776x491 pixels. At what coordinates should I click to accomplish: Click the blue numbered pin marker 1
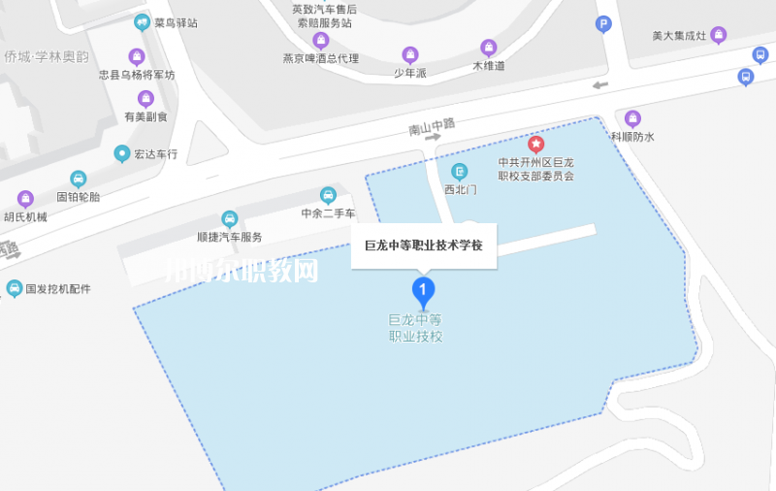point(423,288)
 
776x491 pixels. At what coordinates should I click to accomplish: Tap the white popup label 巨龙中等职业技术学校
point(423,246)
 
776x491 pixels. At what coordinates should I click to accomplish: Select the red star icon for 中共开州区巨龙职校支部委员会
point(535,145)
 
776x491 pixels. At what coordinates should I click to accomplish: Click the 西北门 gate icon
point(461,172)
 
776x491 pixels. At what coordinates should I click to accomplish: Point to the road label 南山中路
point(431,125)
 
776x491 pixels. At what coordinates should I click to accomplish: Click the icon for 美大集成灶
point(719,36)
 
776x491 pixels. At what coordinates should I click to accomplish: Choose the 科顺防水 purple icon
point(632,118)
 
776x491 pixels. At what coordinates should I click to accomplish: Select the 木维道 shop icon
point(489,48)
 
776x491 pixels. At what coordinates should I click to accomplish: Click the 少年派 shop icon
point(410,54)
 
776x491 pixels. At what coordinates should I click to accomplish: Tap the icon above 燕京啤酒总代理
point(320,41)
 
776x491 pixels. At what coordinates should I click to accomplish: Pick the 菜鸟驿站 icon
point(143,21)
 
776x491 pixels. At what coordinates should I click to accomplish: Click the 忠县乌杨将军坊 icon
point(137,56)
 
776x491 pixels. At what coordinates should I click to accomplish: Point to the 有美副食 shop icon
point(145,98)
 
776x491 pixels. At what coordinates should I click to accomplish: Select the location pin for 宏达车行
point(122,153)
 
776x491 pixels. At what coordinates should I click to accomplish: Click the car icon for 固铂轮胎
point(79,179)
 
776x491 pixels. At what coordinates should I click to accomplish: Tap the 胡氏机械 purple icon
point(25,199)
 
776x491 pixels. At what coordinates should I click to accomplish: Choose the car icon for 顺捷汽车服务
point(230,219)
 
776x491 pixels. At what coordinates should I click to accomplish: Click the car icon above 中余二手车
point(328,195)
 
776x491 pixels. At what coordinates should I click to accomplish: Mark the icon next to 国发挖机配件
point(14,288)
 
